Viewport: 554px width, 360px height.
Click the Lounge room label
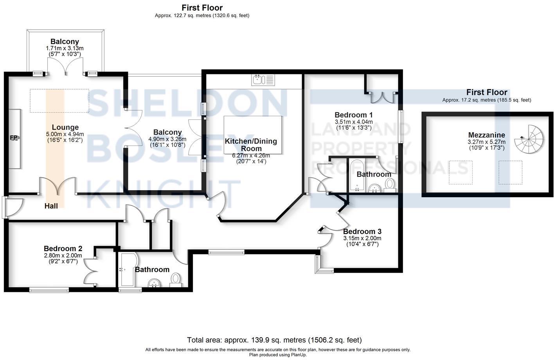(65, 127)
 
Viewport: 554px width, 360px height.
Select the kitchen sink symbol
(263, 80)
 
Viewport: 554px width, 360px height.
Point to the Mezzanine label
(486, 135)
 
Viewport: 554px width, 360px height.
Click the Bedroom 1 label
(353, 115)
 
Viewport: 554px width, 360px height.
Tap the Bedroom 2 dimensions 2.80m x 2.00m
(63, 256)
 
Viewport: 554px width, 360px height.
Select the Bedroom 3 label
(362, 231)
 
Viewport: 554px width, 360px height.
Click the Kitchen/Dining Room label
(251, 145)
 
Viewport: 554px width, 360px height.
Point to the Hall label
(51, 206)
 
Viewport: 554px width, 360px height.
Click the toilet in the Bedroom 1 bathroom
(390, 185)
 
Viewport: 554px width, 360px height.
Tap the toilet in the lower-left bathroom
(176, 279)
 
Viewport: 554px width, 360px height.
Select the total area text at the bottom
(274, 340)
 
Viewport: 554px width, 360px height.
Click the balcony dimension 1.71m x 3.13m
(65, 48)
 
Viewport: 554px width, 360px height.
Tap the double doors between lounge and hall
(57, 186)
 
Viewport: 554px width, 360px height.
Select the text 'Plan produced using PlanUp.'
(278, 355)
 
